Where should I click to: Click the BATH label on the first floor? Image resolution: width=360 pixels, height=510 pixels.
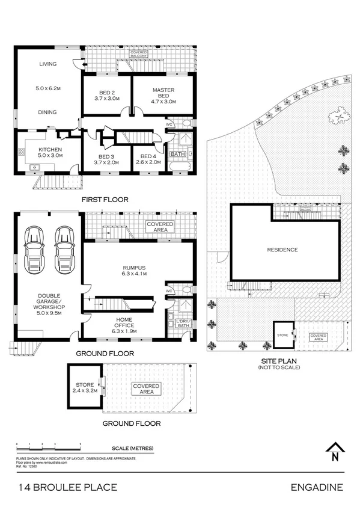tap(177, 155)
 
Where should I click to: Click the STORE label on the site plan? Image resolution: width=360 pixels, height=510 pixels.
tap(281, 334)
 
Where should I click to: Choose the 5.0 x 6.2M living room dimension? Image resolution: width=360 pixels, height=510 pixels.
tap(47, 88)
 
